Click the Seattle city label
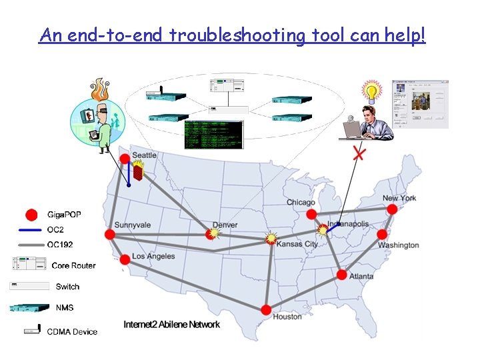pos(145,155)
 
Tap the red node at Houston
pos(266,310)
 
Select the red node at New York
pos(392,209)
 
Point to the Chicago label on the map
pos(301,203)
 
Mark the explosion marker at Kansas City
pos(271,238)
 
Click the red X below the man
pos(359,154)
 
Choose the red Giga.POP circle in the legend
pos(31,215)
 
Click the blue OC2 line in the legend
pos(31,229)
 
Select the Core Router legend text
pos(73,265)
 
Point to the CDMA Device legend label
pos(72,331)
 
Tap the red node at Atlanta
pos(342,275)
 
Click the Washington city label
pos(398,245)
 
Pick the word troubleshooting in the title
pos(237,35)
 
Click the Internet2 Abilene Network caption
pos(171,325)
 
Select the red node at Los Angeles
pos(124,259)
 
